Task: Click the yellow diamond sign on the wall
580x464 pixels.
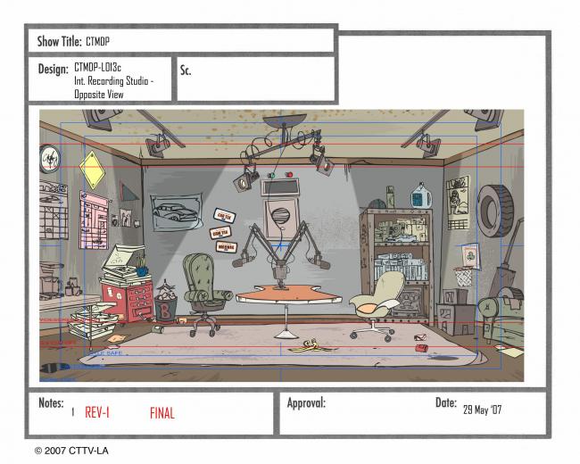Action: click(x=92, y=168)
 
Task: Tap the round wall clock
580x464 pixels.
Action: click(x=49, y=158)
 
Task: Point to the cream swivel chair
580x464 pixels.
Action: click(x=378, y=300)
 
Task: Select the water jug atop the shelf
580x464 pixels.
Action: click(x=420, y=195)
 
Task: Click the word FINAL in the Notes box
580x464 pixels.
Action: click(x=162, y=413)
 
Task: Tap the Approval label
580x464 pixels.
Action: click(x=306, y=403)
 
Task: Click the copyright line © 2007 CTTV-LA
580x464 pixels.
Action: click(x=71, y=451)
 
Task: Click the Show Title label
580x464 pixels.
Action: click(x=60, y=41)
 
